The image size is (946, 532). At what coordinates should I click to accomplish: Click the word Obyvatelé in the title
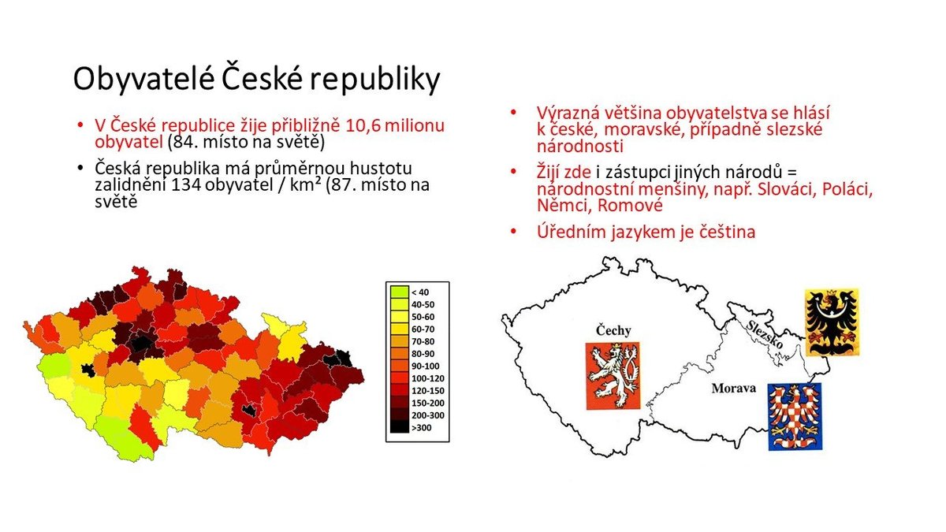coord(144,80)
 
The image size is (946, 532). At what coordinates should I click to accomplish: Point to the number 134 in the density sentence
coord(185,185)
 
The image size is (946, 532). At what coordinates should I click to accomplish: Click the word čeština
coord(727,232)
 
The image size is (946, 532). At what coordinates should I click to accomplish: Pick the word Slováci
coord(785,189)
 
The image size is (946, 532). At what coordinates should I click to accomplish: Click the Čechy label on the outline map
coord(613,330)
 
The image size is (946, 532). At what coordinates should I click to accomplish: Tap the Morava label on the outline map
coord(734,388)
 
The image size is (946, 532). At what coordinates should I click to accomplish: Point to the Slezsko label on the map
coord(765,334)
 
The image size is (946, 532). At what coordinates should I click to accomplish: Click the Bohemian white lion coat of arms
coord(613,376)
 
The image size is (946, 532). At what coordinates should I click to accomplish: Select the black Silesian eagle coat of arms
coord(832,322)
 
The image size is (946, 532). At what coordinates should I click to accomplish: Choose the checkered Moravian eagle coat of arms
coord(795,416)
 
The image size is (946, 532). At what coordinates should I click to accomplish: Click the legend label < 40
coord(420,292)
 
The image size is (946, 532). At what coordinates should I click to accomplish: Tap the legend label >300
coord(422,428)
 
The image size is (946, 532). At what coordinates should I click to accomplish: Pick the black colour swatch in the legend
coord(399,427)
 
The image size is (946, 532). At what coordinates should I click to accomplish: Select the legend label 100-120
coord(428,378)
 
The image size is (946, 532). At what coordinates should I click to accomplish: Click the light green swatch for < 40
coord(399,292)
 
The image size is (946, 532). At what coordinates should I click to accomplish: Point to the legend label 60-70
coord(423,329)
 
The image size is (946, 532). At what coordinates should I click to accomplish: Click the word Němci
coord(563,206)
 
